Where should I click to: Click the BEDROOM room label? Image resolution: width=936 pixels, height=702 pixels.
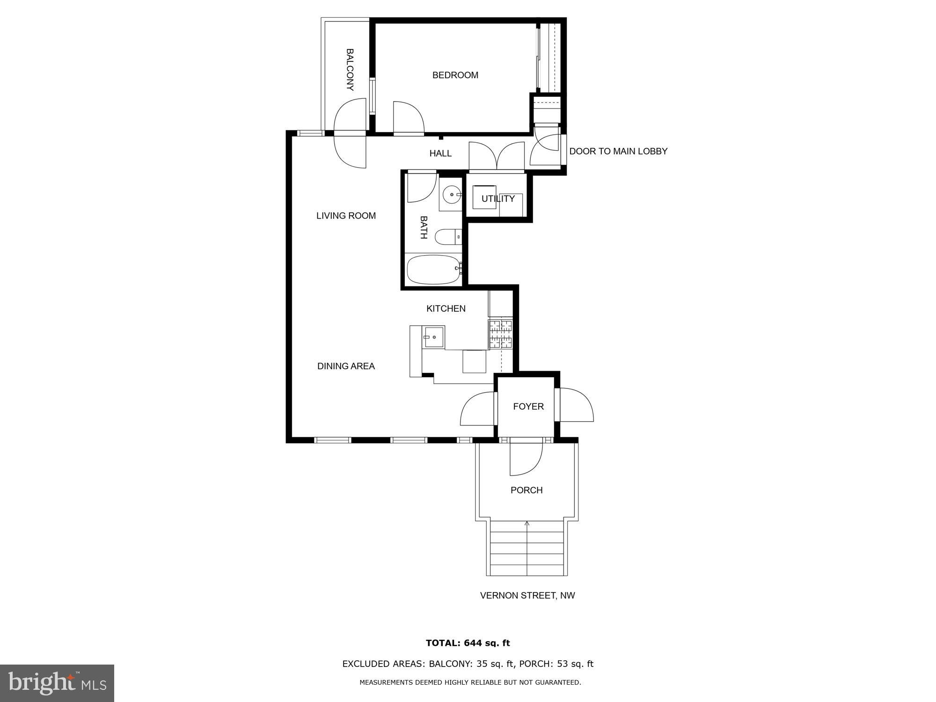click(x=455, y=75)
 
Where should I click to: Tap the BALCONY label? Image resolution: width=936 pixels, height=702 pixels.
click(x=350, y=70)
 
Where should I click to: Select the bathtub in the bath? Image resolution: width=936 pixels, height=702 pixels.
click(x=433, y=270)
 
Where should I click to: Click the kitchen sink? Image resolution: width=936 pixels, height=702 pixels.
click(x=433, y=337)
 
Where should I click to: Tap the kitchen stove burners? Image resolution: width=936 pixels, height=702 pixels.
click(x=501, y=334)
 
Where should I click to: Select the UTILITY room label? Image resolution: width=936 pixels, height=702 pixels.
click(x=498, y=198)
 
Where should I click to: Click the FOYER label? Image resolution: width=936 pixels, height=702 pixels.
click(x=528, y=406)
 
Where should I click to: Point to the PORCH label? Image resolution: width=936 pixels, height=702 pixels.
click(x=526, y=490)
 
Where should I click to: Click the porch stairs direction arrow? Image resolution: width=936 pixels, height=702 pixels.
click(x=527, y=525)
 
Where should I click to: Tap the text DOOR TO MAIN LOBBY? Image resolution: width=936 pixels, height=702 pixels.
click(x=618, y=151)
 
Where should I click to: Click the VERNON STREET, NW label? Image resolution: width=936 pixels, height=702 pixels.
click(x=527, y=595)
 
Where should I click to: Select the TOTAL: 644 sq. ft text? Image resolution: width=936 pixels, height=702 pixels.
click(x=468, y=643)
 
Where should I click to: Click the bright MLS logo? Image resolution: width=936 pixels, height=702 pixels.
click(x=57, y=683)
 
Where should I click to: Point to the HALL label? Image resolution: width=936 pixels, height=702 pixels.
click(x=440, y=153)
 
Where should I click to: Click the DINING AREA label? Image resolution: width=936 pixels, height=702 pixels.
click(x=346, y=366)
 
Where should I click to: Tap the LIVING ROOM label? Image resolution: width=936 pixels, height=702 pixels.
click(x=346, y=216)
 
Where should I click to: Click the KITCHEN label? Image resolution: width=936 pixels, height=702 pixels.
click(x=446, y=308)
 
